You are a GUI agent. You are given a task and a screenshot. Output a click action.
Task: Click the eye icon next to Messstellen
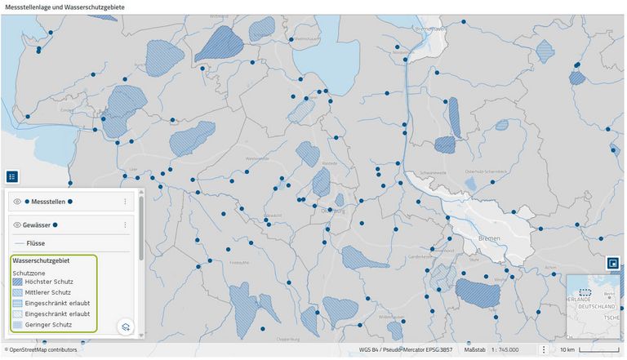click(17, 201)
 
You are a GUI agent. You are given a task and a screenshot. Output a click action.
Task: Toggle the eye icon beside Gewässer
click(17, 224)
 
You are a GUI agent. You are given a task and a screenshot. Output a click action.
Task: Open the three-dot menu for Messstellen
click(125, 201)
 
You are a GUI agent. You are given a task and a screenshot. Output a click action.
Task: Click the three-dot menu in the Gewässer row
click(125, 224)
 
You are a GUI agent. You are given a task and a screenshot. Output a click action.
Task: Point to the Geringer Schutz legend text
click(49, 324)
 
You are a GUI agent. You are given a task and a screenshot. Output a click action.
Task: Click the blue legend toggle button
click(11, 176)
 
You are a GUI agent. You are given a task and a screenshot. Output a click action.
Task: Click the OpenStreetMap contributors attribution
click(41, 349)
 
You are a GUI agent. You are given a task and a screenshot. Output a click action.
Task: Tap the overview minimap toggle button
click(611, 263)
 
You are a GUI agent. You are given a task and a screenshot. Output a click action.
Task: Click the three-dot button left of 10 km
click(544, 349)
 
